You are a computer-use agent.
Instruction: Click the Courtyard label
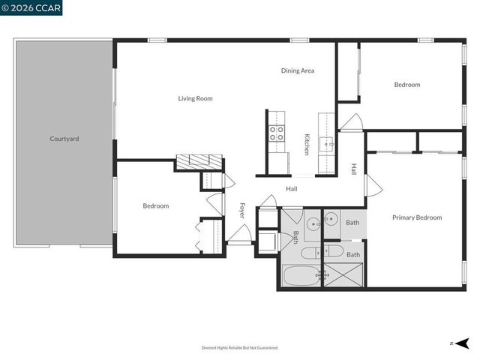click(64, 139)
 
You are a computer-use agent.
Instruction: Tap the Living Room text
click(195, 98)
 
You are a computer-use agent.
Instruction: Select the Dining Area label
click(298, 70)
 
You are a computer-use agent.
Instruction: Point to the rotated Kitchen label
click(307, 144)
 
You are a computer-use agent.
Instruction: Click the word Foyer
click(241, 210)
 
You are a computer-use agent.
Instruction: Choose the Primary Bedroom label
click(417, 217)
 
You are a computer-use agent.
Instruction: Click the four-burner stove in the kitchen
click(277, 133)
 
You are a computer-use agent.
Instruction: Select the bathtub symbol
click(301, 275)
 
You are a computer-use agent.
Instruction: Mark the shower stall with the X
click(344, 275)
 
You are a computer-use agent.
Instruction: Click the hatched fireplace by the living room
click(199, 162)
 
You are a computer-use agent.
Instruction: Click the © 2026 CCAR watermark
click(31, 7)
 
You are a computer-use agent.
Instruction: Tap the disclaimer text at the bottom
click(240, 347)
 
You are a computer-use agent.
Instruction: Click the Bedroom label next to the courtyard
click(156, 205)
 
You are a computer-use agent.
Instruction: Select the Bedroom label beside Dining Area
click(407, 85)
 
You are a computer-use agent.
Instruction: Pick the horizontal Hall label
click(292, 188)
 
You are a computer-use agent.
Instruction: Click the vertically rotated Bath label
click(295, 237)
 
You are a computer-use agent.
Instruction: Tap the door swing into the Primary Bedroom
click(369, 184)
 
